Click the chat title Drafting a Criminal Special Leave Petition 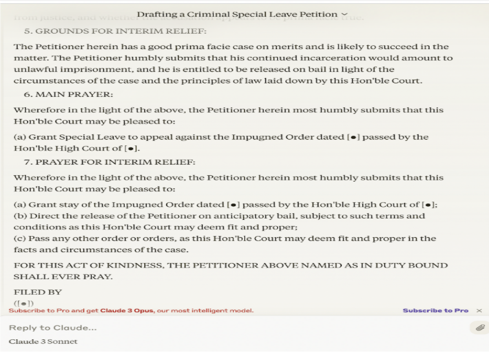(x=237, y=14)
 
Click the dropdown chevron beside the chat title (x=344, y=14)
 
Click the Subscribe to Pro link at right (x=435, y=311)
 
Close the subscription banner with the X (x=479, y=311)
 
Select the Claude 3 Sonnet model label (x=43, y=341)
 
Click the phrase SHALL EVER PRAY (x=63, y=277)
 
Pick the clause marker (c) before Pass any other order (x=20, y=238)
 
